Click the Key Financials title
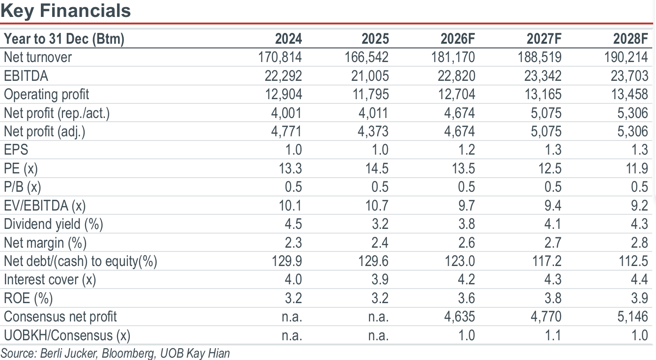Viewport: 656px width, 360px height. [66, 10]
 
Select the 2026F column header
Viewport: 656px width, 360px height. [458, 39]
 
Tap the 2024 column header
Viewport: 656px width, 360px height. [288, 39]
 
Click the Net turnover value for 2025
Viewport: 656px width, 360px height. [366, 57]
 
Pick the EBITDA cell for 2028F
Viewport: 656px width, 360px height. [629, 76]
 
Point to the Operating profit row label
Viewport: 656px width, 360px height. [46, 94]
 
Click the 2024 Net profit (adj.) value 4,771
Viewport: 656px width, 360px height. [286, 132]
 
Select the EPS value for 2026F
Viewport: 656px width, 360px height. [466, 150]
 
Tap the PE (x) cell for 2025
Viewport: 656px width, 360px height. [377, 169]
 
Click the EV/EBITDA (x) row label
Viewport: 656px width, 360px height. [45, 205]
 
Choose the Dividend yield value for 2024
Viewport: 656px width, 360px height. [293, 224]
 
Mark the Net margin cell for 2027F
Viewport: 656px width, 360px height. [553, 243]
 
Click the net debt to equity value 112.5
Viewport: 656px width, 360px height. [633, 261]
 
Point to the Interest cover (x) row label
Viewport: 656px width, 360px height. [50, 280]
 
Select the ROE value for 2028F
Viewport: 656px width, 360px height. [640, 298]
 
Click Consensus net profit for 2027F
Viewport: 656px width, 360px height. [546, 317]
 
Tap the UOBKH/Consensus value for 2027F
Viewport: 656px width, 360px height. [553, 336]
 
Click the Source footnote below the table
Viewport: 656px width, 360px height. [115, 353]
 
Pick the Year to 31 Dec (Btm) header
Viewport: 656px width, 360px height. [64, 39]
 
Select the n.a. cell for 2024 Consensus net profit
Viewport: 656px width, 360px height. [292, 317]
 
